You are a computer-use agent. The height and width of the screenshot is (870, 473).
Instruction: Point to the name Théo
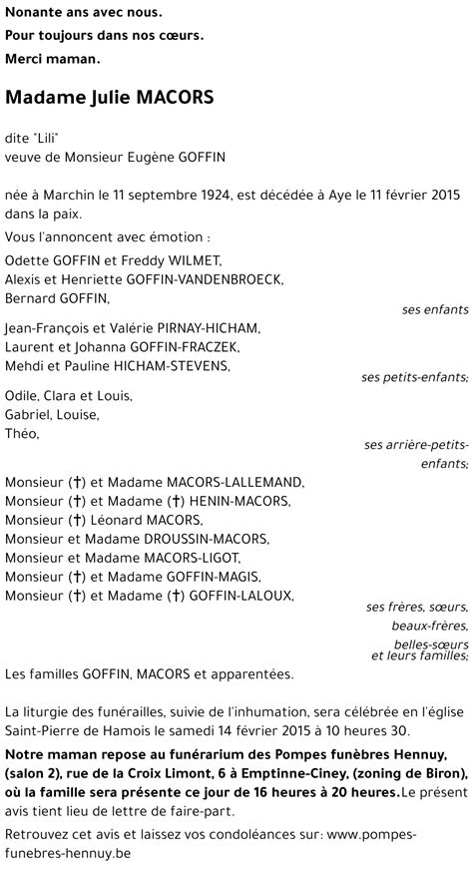pos(22,433)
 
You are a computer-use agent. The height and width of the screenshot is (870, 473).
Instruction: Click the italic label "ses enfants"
pos(435,309)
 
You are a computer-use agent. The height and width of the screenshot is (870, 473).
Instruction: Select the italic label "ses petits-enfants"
pos(414,377)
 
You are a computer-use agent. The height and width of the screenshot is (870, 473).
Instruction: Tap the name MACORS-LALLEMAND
pos(225,482)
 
